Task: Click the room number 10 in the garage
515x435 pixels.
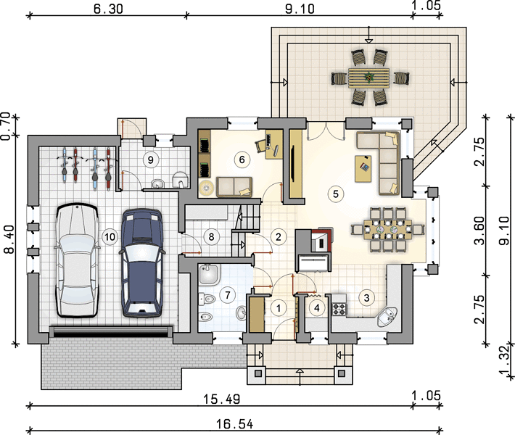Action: click(110, 236)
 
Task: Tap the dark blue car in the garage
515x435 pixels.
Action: click(142, 262)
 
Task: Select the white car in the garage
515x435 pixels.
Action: click(77, 260)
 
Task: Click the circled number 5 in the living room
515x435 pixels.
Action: click(336, 194)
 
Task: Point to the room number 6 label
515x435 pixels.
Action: click(242, 159)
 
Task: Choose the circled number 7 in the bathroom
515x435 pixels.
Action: click(228, 295)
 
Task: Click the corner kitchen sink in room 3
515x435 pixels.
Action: click(387, 317)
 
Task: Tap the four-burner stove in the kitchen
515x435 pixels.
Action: click(339, 309)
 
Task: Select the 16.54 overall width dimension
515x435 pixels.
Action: click(234, 424)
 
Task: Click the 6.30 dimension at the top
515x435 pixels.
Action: click(108, 9)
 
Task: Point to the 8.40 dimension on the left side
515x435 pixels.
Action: click(9, 239)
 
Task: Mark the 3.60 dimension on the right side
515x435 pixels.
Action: click(479, 231)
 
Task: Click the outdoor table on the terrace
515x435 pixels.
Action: click(369, 78)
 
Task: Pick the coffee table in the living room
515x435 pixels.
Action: click(363, 168)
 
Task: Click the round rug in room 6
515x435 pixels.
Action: click(206, 188)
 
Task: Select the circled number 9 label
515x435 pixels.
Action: click(151, 160)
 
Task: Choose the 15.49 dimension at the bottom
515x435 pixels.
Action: click(222, 399)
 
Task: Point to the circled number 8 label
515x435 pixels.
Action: click(211, 236)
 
